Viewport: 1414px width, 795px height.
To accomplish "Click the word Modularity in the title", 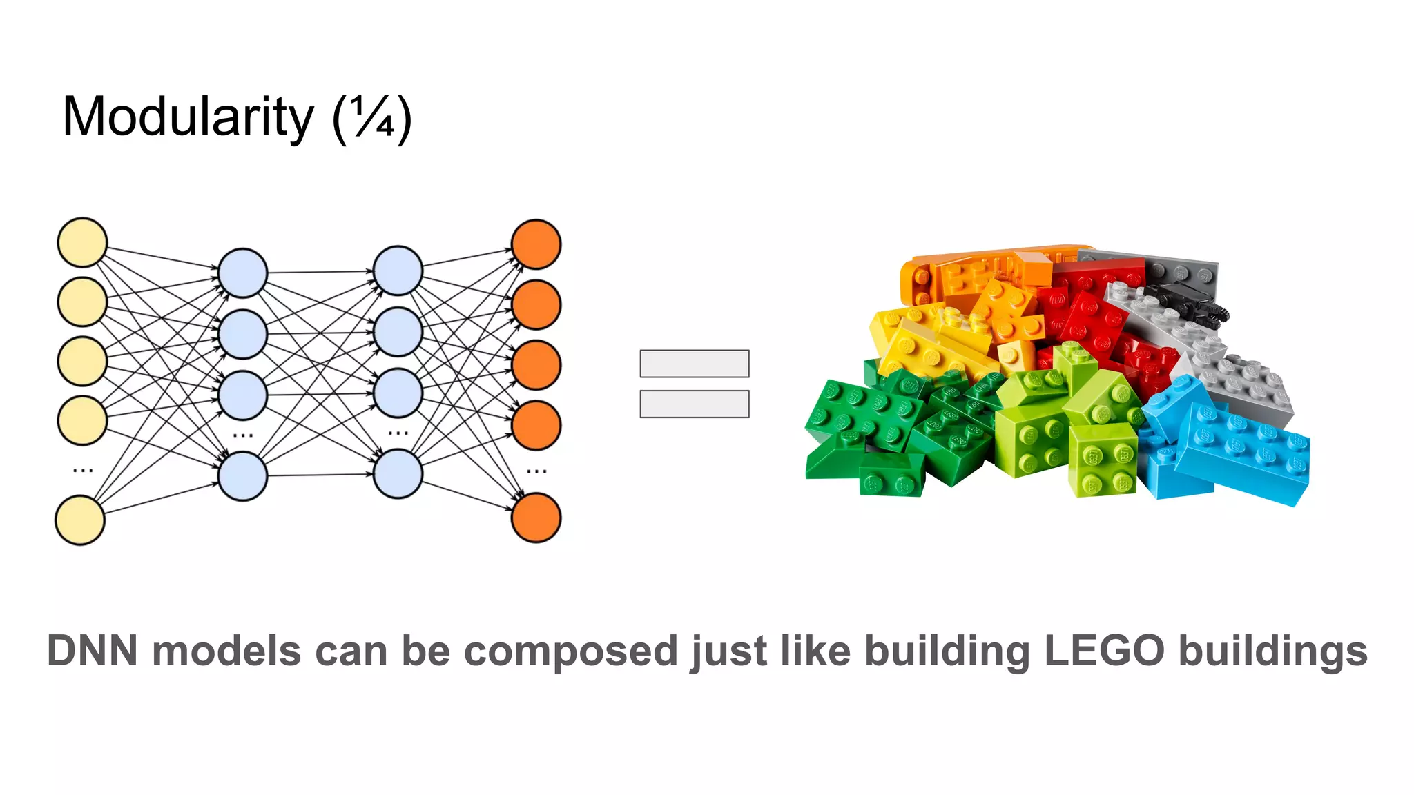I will [188, 117].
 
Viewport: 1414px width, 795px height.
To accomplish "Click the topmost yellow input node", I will [82, 243].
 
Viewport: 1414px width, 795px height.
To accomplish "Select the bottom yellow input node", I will [80, 520].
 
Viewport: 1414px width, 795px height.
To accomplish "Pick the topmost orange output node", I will [536, 244].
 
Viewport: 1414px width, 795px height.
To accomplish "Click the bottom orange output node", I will [536, 518].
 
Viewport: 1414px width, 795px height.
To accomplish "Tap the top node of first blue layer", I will [242, 273].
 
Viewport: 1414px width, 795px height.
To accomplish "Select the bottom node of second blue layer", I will [398, 474].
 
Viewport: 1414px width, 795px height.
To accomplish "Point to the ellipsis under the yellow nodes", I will [83, 471].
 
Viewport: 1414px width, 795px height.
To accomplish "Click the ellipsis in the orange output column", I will [536, 471].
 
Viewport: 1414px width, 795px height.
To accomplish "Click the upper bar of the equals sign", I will [694, 364].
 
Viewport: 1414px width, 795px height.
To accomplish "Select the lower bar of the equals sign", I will [694, 404].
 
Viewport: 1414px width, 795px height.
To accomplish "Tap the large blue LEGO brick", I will [1243, 452].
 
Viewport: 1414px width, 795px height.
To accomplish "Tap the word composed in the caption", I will [570, 651].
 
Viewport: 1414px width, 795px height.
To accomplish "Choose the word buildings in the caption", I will [1272, 651].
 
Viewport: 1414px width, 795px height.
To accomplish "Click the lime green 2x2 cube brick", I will [1102, 459].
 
